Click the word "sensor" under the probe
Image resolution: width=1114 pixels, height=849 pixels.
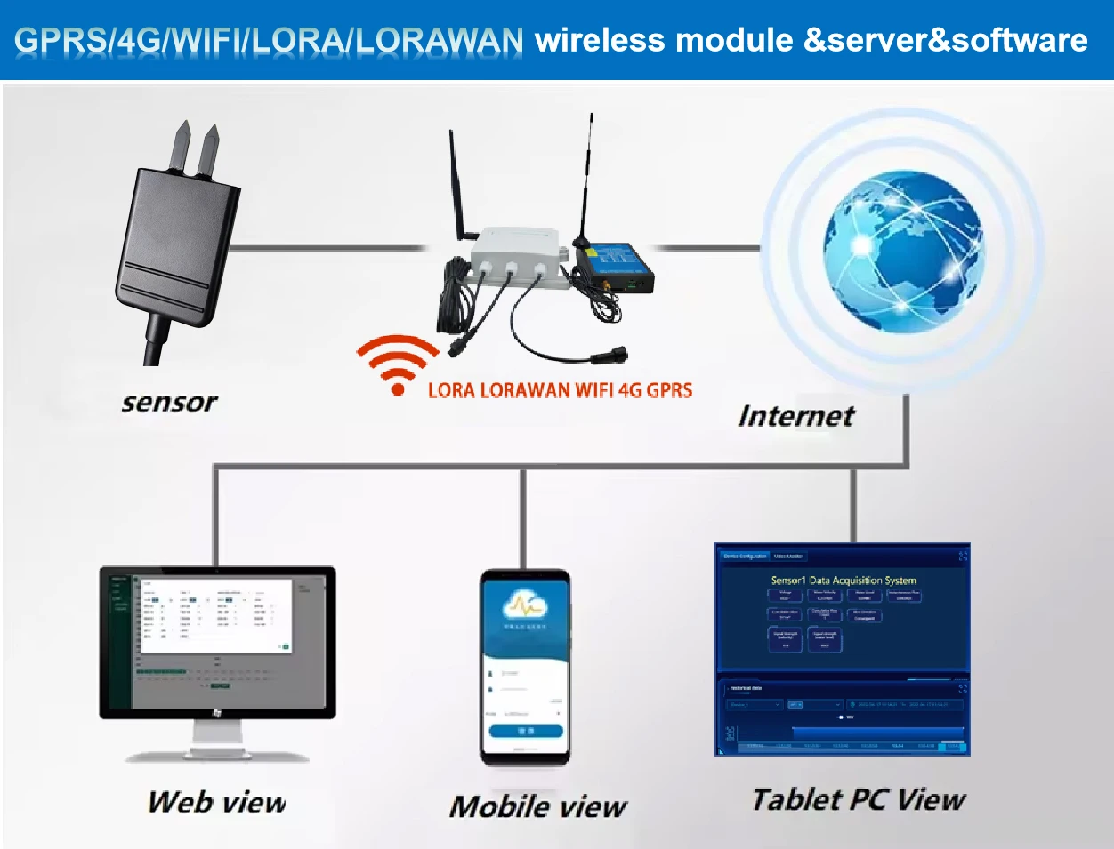169,403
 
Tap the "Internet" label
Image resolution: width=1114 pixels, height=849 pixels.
795,416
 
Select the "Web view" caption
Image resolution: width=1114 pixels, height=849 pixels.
216,803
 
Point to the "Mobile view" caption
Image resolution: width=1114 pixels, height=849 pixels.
537,807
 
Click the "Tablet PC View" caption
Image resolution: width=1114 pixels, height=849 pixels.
859,799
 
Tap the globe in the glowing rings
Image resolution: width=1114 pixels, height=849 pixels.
902,252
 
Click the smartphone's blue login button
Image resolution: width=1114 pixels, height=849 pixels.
525,731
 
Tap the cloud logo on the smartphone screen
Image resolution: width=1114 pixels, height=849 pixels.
525,606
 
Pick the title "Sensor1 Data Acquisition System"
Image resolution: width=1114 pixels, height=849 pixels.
844,580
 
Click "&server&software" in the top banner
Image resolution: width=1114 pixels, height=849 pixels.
945,41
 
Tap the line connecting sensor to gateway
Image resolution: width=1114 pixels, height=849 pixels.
329,248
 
